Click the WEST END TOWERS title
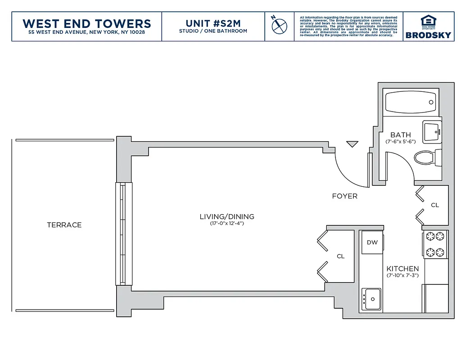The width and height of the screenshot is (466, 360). [x=86, y=23]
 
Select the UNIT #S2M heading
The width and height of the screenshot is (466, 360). [x=213, y=23]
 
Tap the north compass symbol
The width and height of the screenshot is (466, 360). [x=279, y=25]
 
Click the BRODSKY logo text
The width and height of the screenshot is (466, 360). [x=428, y=35]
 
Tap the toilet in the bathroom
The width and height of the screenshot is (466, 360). [x=425, y=158]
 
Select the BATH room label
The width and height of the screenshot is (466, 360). [x=400, y=135]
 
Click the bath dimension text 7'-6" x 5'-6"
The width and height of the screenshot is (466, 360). [x=400, y=141]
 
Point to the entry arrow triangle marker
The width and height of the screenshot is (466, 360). [x=352, y=144]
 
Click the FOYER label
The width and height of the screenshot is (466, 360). [x=344, y=196]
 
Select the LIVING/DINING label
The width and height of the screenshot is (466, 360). [x=227, y=216]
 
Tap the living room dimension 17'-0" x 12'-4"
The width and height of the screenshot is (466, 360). [x=227, y=223]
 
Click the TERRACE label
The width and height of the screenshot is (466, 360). [x=64, y=225]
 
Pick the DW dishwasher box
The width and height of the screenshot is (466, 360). [x=372, y=243]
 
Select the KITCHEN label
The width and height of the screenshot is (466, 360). [x=403, y=269]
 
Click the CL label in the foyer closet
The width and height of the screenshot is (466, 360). [x=434, y=205]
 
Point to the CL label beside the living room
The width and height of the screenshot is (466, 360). [x=341, y=256]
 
